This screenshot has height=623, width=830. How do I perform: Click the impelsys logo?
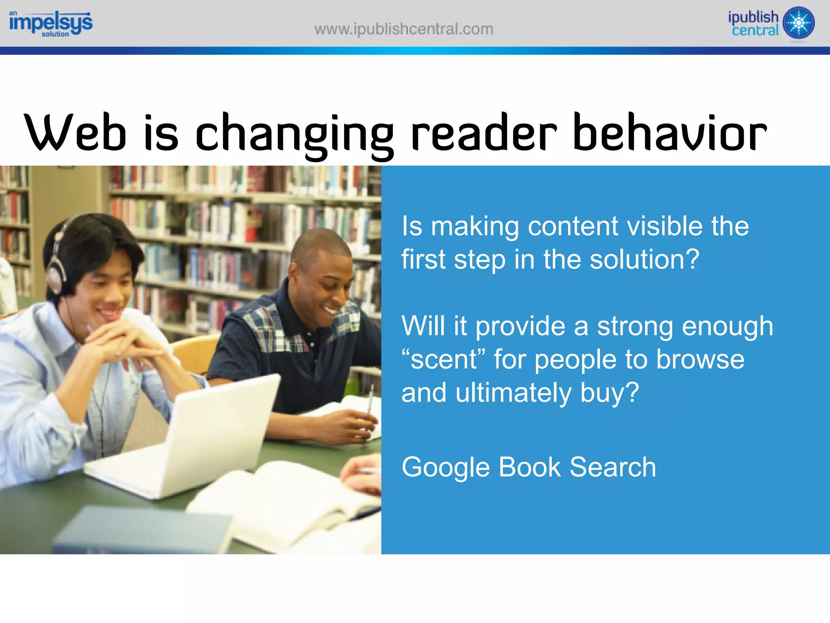pyautogui.click(x=51, y=24)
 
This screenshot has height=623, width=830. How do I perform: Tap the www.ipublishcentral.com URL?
pyautogui.click(x=404, y=29)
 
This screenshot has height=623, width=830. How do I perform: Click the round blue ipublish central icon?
pyautogui.click(x=798, y=23)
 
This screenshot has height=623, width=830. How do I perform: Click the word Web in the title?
pyautogui.click(x=75, y=133)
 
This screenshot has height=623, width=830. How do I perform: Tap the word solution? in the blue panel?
pyautogui.click(x=644, y=259)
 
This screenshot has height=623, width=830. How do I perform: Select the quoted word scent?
pyautogui.click(x=443, y=360)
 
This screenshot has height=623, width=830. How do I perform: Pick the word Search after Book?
pyautogui.click(x=612, y=467)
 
